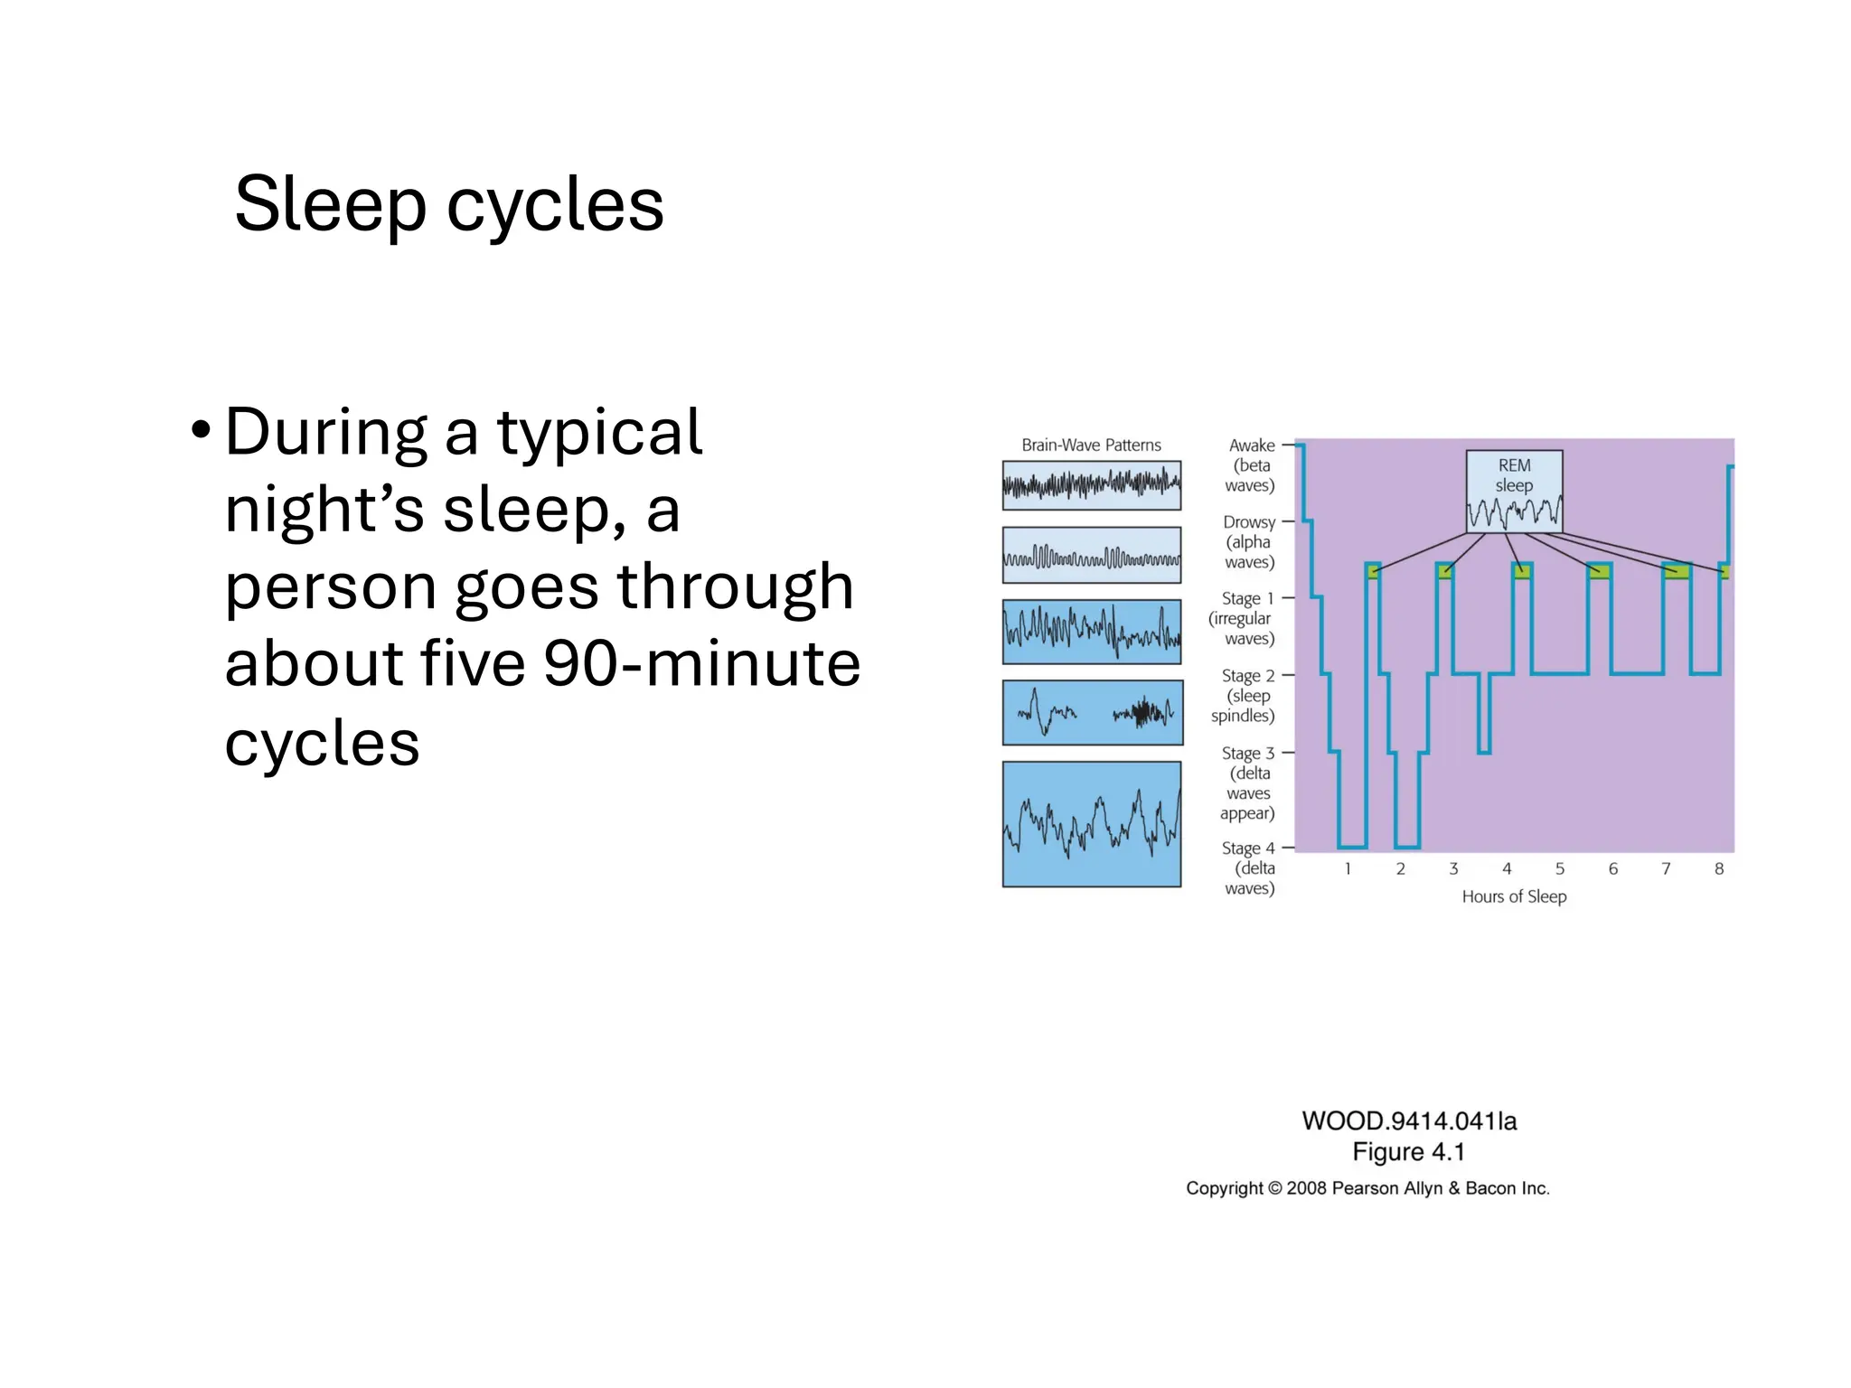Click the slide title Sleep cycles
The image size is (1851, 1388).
(x=449, y=204)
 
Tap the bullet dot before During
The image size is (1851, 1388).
(x=201, y=430)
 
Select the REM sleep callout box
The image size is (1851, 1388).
(x=1514, y=491)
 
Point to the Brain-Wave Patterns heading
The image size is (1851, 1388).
(x=1091, y=445)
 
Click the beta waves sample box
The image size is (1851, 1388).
(x=1091, y=485)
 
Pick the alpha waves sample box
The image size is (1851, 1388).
(x=1091, y=555)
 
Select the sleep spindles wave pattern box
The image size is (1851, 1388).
(x=1092, y=712)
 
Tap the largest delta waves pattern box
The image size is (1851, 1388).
(x=1091, y=823)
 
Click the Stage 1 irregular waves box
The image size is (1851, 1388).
(x=1091, y=632)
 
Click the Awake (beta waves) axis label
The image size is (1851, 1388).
(x=1250, y=465)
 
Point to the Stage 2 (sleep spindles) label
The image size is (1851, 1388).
(x=1245, y=695)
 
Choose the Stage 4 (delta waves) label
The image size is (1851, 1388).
(x=1248, y=867)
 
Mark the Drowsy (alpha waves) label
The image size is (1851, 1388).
(x=1248, y=541)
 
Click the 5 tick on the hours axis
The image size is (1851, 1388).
(x=1559, y=868)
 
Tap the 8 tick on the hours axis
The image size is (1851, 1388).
(x=1718, y=868)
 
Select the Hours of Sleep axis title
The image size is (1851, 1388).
(x=1514, y=896)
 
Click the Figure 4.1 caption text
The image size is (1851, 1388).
(x=1408, y=1152)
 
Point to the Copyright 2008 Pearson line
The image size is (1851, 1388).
(x=1367, y=1188)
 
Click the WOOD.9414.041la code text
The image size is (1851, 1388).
(x=1408, y=1121)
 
